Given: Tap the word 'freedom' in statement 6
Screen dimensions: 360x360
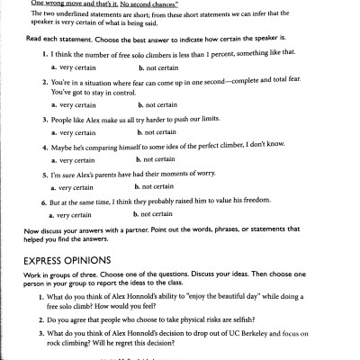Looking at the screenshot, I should (272, 201).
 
